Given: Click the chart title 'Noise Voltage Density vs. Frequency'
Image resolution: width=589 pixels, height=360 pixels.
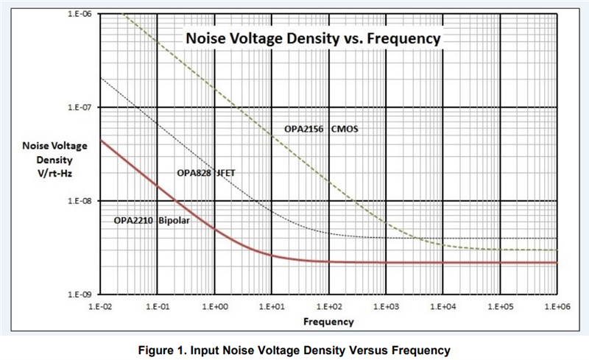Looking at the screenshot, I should (x=312, y=38).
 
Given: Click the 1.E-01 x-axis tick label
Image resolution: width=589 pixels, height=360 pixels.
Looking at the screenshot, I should (x=157, y=304).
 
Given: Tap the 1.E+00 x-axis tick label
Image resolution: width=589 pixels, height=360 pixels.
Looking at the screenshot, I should (x=214, y=304).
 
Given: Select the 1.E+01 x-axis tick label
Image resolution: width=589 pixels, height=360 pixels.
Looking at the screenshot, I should (x=271, y=304).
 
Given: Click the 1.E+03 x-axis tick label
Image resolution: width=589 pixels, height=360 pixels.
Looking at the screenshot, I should (x=385, y=304).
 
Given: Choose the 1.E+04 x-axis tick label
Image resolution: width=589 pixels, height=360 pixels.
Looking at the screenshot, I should (x=442, y=304).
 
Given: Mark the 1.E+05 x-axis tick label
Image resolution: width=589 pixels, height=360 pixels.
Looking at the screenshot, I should (x=499, y=304).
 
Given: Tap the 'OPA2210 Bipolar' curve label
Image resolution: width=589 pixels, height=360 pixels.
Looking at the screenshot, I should (x=152, y=220).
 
